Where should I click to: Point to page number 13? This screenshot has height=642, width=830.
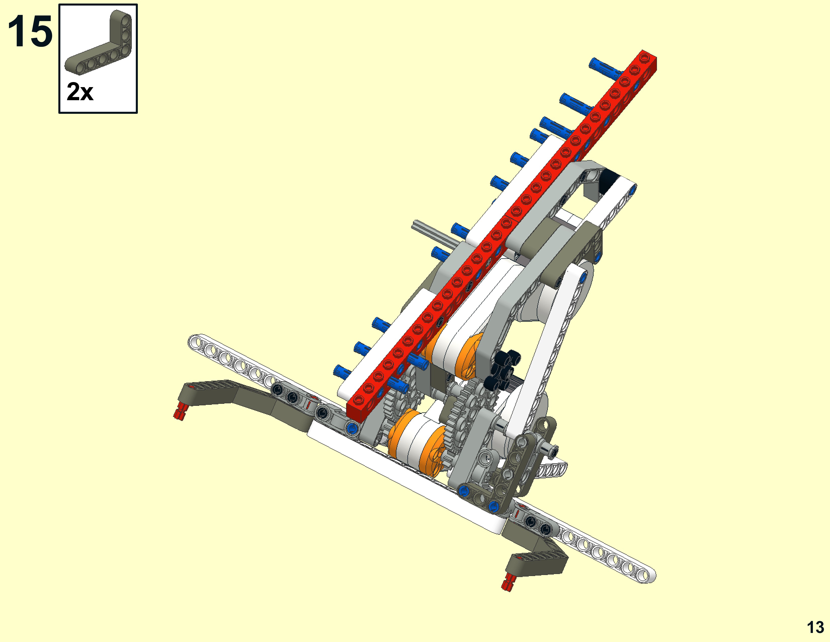[815, 627]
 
